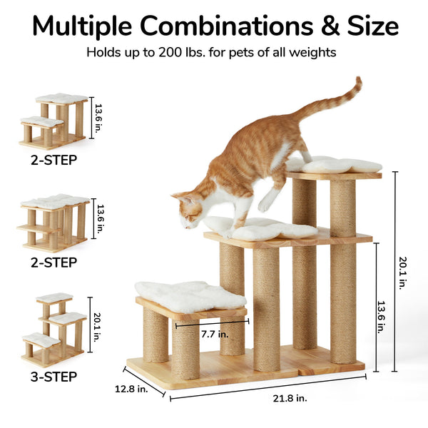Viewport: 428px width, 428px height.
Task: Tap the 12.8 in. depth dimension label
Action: [132, 389]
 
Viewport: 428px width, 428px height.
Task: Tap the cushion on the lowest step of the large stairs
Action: [188, 295]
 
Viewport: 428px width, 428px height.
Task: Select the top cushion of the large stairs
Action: [335, 165]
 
